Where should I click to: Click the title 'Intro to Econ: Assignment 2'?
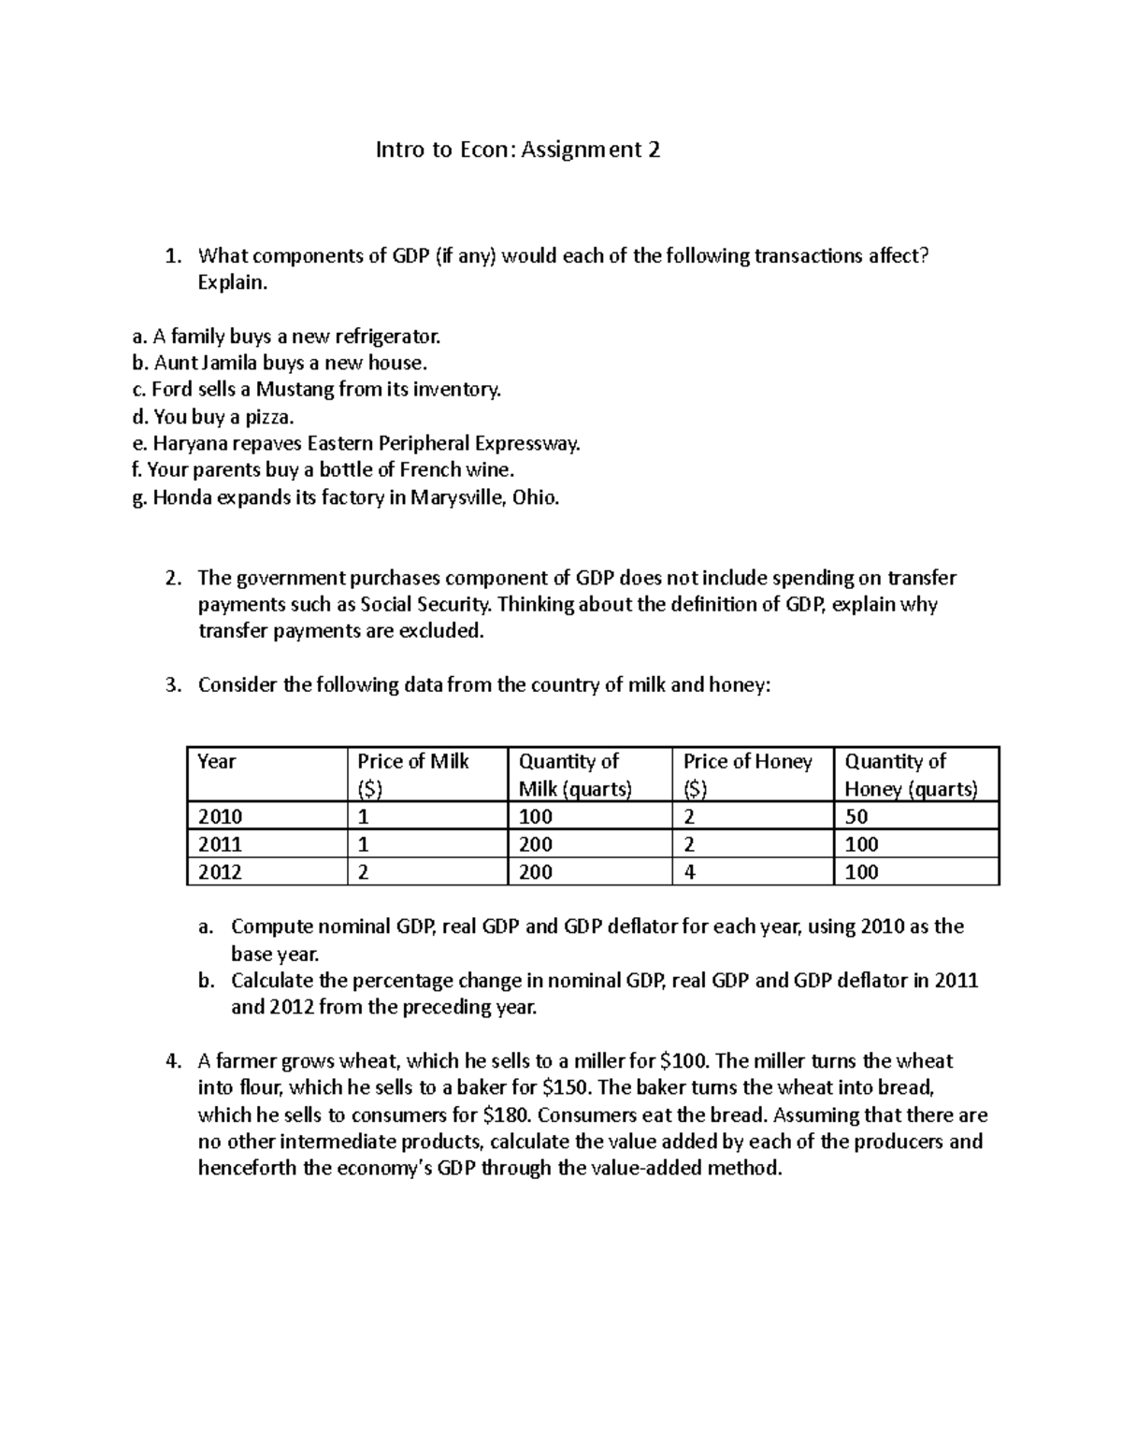point(517,150)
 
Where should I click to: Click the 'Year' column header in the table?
point(217,762)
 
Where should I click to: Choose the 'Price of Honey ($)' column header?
point(747,774)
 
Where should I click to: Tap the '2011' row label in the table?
point(221,844)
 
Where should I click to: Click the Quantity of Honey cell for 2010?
point(856,816)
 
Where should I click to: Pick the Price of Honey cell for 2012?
point(690,872)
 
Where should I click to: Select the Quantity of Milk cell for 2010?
point(536,816)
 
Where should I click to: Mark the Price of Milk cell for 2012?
point(364,872)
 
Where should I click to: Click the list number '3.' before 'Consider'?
point(172,685)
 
